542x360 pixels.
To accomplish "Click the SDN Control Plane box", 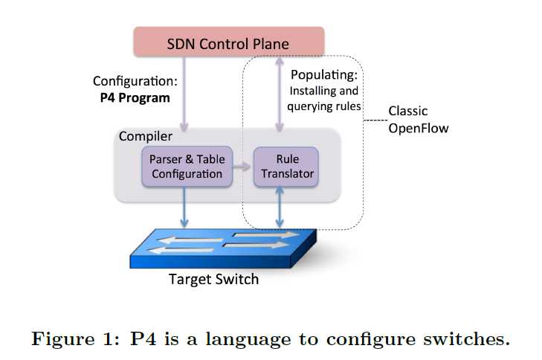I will click(228, 43).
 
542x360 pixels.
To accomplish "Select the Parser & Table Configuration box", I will click(186, 167).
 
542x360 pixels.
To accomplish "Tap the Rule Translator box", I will click(285, 167).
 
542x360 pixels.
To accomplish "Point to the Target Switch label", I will click(214, 280).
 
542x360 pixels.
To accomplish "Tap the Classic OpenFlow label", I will click(419, 120).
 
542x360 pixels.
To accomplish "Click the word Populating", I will click(323, 76).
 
